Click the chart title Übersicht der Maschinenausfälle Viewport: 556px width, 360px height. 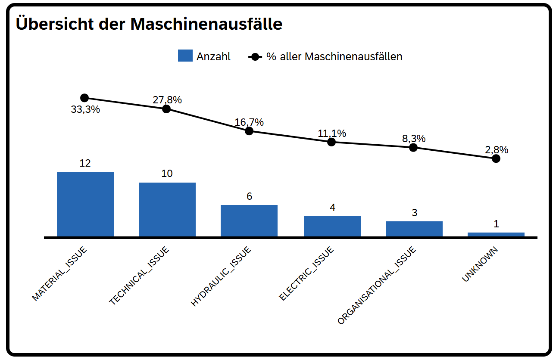(x=149, y=24)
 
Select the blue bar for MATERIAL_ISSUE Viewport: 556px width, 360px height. (x=85, y=204)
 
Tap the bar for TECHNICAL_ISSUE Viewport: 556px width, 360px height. (x=167, y=210)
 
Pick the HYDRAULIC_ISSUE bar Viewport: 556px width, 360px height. (x=249, y=221)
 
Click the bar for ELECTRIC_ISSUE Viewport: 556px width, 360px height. (x=332, y=227)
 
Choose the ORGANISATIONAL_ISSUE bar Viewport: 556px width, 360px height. (x=414, y=229)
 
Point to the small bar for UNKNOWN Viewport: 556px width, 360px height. (x=496, y=235)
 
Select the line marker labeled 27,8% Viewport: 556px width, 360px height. (x=166, y=109)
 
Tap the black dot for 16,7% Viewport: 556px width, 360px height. (x=249, y=131)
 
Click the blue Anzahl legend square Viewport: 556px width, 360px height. (x=185, y=56)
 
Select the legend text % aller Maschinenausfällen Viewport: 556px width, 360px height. (x=334, y=56)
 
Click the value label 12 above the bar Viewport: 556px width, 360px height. (x=85, y=163)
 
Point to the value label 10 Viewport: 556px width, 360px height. (x=167, y=174)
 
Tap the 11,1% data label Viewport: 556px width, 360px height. (x=332, y=133)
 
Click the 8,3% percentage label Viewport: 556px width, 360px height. (x=414, y=139)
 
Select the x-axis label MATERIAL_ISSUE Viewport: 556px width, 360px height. (x=60, y=274)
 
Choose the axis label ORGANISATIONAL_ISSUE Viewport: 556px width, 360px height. (x=377, y=286)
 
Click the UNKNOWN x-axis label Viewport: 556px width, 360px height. (x=480, y=264)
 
